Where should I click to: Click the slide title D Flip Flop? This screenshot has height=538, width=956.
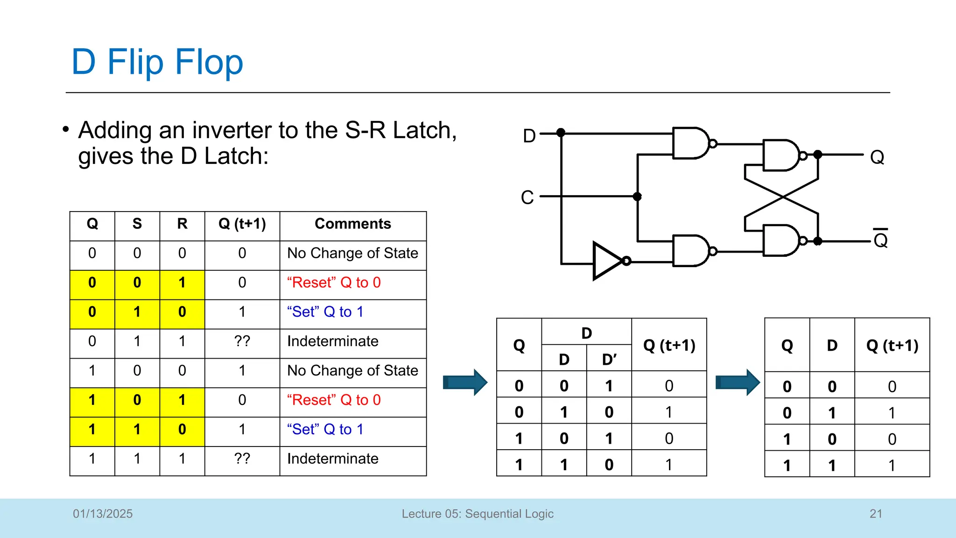tap(157, 62)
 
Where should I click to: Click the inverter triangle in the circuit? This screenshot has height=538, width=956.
tap(606, 261)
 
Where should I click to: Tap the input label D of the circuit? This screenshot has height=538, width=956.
tap(529, 136)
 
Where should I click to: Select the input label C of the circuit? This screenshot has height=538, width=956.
tap(527, 197)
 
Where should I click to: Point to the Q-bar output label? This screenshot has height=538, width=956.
tap(880, 239)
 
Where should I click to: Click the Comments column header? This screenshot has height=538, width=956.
tap(352, 224)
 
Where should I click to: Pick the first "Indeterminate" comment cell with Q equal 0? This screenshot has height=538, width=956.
tap(332, 341)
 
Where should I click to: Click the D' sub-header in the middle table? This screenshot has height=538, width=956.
tap(609, 359)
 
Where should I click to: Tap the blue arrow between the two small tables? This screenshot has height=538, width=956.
tap(737, 382)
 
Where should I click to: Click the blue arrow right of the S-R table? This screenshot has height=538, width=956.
tap(464, 382)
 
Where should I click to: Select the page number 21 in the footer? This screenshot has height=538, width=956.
tap(876, 514)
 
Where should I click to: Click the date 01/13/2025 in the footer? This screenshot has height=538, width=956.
tap(103, 514)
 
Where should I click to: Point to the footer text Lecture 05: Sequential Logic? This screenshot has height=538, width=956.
tap(477, 514)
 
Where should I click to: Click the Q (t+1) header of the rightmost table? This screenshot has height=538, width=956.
tap(892, 345)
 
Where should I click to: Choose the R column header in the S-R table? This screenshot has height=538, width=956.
tap(182, 224)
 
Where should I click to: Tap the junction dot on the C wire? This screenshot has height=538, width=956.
tap(637, 197)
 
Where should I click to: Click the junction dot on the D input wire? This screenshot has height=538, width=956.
tap(561, 133)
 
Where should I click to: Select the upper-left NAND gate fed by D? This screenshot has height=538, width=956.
tap(690, 143)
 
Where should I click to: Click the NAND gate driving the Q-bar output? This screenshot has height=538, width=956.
tap(780, 241)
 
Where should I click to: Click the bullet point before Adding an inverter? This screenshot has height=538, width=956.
tap(66, 129)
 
